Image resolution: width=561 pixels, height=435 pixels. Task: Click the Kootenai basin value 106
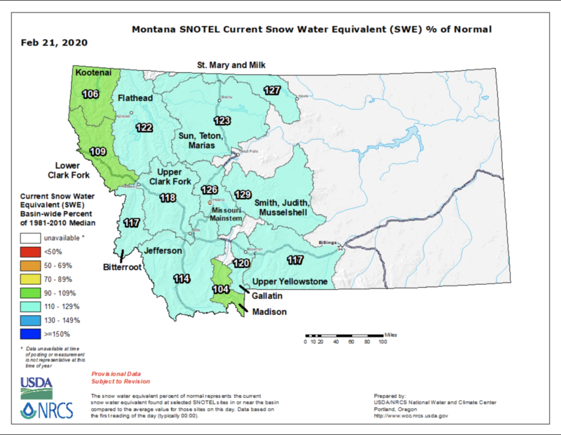point(90,94)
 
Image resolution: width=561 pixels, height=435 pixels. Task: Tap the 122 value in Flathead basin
point(144,128)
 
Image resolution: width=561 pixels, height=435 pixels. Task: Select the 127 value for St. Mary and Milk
point(272,90)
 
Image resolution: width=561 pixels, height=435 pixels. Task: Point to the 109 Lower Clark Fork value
point(97,152)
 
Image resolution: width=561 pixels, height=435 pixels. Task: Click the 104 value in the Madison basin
point(220,289)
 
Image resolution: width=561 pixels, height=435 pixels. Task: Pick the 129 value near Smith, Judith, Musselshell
point(243,194)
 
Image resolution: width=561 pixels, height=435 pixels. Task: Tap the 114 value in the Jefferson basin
point(182,279)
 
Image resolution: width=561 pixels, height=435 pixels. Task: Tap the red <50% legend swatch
point(30,252)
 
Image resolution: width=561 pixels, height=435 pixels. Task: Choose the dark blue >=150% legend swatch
point(30,333)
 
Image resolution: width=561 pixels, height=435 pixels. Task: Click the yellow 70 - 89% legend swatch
point(30,279)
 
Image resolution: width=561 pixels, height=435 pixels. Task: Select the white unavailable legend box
point(30,239)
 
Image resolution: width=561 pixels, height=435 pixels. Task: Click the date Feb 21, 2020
point(54,43)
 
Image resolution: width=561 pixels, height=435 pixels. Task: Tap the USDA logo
point(35,382)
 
